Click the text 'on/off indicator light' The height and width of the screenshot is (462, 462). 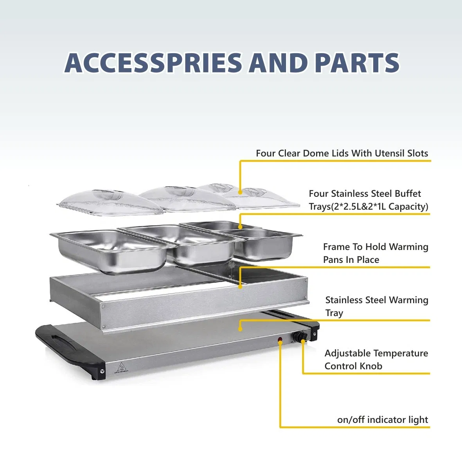(x=382, y=420)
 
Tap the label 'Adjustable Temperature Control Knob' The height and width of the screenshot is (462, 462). (x=376, y=360)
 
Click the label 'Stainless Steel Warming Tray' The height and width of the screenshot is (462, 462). (x=376, y=306)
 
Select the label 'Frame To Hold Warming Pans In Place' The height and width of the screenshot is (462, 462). (x=375, y=253)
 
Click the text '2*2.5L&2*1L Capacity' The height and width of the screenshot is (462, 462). (x=379, y=207)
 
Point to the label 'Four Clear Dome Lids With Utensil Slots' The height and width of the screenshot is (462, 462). (x=342, y=153)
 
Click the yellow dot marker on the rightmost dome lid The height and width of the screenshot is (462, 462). (x=240, y=192)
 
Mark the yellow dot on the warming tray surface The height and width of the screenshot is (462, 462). (x=240, y=329)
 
